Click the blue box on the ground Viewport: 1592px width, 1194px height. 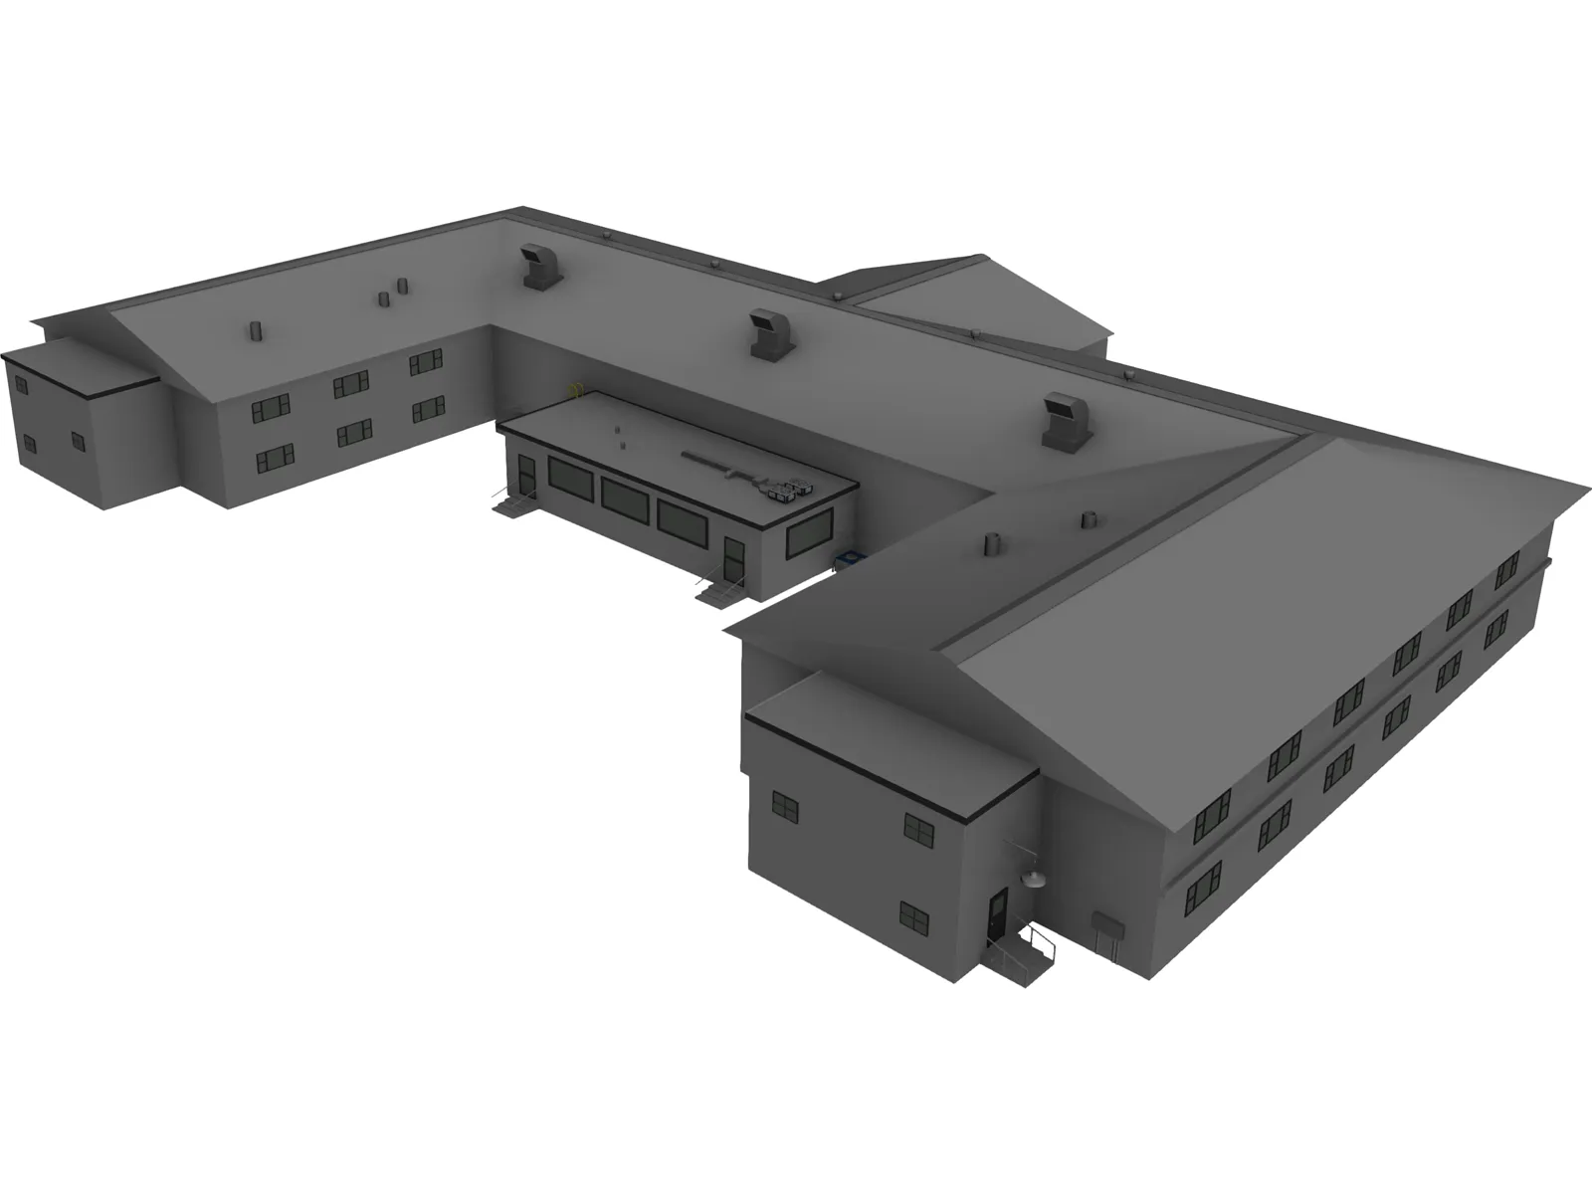(850, 560)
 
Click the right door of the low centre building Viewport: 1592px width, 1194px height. (734, 560)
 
